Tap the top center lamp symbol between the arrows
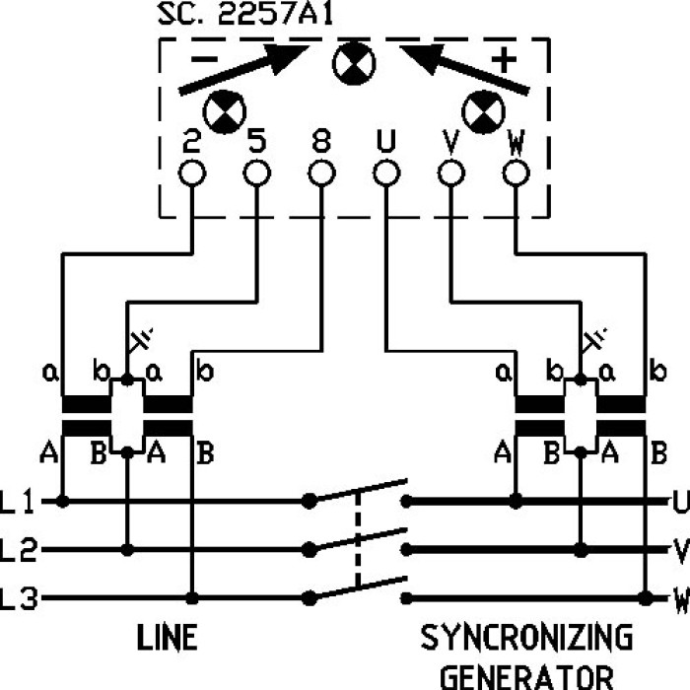pos(349,65)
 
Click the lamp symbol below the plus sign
pos(484,112)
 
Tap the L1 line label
pos(20,504)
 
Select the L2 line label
pos(20,550)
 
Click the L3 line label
pos(20,598)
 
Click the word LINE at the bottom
pos(166,638)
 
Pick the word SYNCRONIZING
pos(526,638)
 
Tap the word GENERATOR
pos(526,676)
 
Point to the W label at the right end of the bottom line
pos(679,598)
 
